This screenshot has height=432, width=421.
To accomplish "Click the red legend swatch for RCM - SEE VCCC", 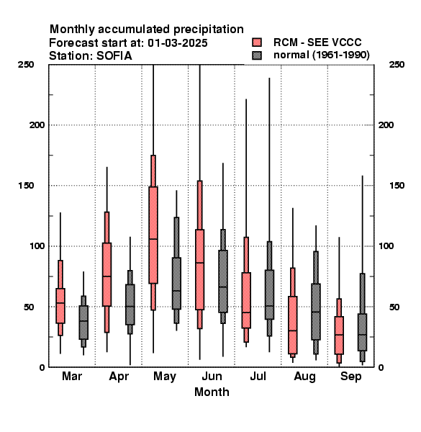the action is pos(257,42).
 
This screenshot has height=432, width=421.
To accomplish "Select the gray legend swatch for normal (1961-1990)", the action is pos(257,55).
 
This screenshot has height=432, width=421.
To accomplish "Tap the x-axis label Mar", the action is pos(72,376).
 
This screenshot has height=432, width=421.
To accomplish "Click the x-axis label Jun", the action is pos(212,376).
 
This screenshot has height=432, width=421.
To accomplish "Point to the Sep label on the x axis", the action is pos(350,377).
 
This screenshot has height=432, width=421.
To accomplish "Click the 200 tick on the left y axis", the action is pos(37,125).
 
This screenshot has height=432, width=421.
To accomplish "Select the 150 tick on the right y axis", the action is pos(397,186).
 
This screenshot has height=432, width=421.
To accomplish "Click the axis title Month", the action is pos(212,392).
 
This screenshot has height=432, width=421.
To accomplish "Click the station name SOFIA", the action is pos(114,56).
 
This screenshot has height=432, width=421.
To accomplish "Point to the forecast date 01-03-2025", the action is pos(178,43).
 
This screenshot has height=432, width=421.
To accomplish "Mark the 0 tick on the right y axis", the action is pos(381,367).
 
